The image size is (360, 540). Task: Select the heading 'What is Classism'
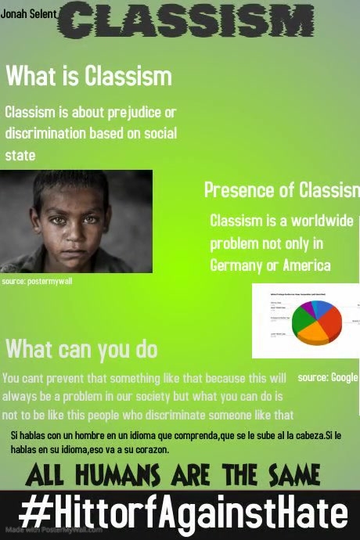[88, 77]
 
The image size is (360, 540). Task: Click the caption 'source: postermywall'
[37, 281]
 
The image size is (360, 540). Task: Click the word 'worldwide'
[320, 221]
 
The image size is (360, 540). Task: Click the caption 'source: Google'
[327, 377]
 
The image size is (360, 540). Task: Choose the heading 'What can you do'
[81, 349]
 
